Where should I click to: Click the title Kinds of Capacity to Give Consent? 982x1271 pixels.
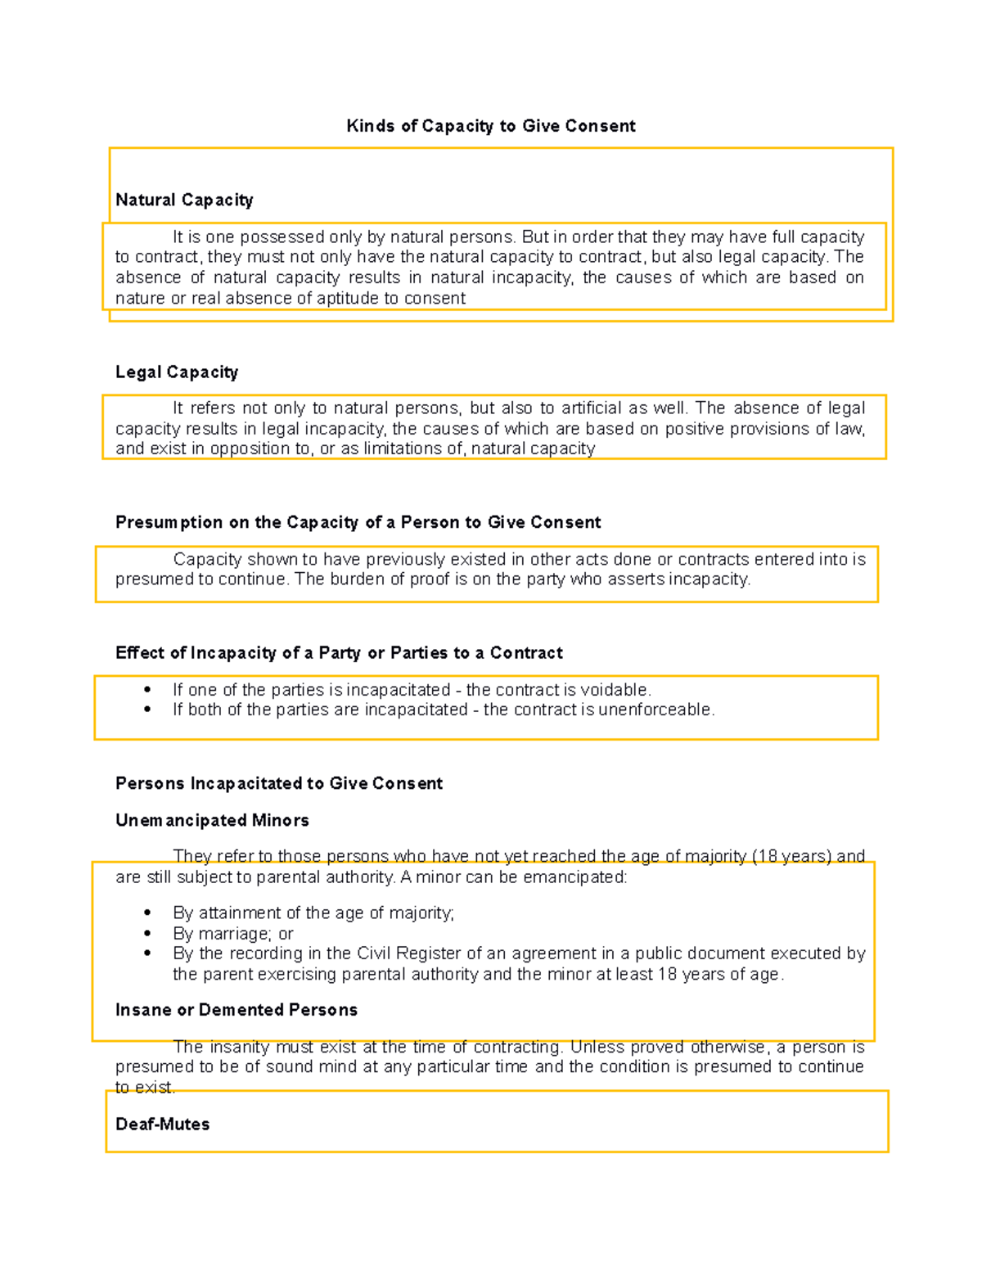491,126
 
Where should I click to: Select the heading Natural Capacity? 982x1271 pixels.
184,201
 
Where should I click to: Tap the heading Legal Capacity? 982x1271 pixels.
177,372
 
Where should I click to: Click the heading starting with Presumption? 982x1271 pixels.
358,522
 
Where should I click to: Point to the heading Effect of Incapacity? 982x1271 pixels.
339,653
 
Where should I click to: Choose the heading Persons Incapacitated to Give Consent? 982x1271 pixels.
278,783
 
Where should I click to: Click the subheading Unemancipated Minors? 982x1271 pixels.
212,820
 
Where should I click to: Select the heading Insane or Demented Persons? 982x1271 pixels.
236,1010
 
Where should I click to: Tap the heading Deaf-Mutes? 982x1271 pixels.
162,1125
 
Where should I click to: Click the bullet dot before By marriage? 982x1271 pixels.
147,934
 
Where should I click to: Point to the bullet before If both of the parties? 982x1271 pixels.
147,710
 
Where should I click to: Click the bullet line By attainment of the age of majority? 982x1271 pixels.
313,913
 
